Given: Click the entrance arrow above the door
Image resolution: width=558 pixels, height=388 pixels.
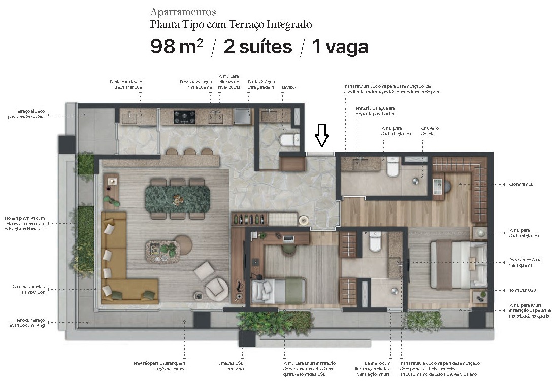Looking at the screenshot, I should [x=322, y=135].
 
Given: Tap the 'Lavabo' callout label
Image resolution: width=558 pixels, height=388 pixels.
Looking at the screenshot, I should [x=288, y=87].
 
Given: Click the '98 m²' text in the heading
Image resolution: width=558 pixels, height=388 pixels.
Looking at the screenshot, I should [x=177, y=47].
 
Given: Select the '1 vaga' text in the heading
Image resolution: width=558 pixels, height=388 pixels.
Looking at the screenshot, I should [x=340, y=47].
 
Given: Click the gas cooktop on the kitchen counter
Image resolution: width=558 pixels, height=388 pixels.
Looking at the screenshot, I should [x=185, y=117].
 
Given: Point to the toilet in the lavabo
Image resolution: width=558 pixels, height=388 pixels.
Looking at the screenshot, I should [x=290, y=139].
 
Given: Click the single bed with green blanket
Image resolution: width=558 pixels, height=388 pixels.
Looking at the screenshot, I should [x=278, y=291].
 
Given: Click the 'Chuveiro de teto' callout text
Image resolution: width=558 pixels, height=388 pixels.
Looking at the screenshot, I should [x=430, y=131].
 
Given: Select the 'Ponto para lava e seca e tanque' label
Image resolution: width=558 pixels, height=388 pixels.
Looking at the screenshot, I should [x=126, y=84].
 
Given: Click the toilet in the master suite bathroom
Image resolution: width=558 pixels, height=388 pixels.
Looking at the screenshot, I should [x=393, y=167].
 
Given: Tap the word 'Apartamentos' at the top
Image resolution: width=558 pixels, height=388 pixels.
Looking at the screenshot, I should [x=183, y=12].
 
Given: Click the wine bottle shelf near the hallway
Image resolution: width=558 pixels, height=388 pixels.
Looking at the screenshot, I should [x=249, y=219].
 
